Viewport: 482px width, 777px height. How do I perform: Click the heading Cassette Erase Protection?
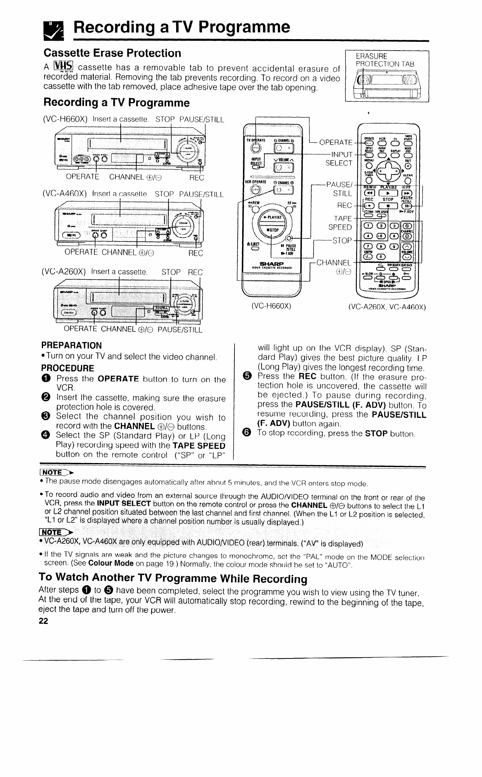112,53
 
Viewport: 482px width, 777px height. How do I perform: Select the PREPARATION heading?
72,345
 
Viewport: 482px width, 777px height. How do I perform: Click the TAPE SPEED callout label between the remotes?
340,223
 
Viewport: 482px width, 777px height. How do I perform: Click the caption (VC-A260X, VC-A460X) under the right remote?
387,307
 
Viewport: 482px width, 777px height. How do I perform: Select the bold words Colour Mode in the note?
111,564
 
